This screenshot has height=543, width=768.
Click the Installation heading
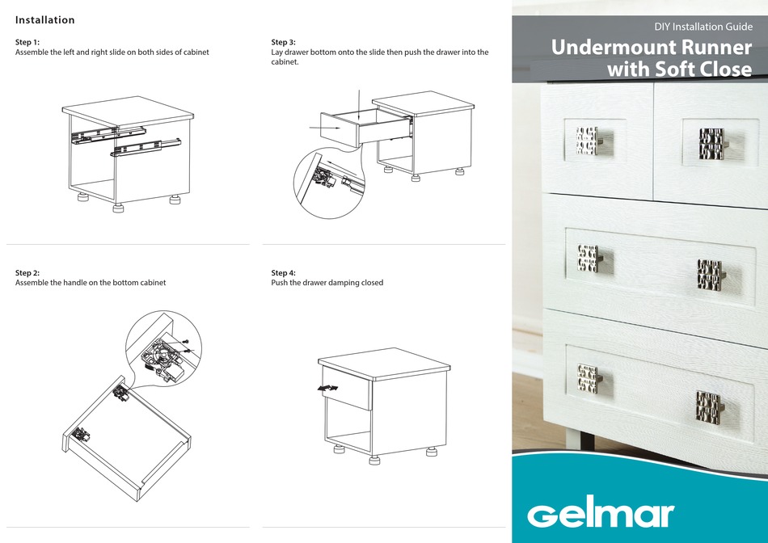point(45,20)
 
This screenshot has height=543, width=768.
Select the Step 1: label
point(27,42)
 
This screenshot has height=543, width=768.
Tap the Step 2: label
point(27,273)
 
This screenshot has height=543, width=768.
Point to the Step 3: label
point(284,42)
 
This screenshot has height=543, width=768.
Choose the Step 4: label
point(284,273)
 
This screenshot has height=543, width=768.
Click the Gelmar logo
point(601,514)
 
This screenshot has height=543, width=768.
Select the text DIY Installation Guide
point(703,27)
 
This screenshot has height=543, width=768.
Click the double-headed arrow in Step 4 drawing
point(327,389)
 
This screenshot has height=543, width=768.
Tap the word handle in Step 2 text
point(81,283)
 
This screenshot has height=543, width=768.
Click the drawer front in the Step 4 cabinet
point(347,391)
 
